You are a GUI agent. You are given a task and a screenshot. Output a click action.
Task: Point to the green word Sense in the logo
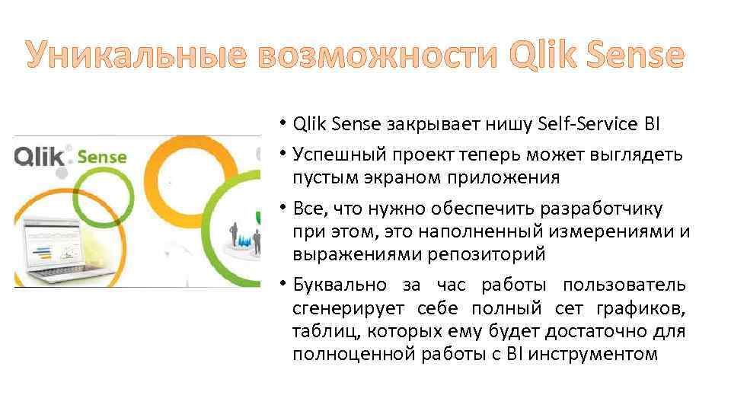(102, 158)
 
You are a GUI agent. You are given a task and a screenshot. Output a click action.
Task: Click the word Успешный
(340, 155)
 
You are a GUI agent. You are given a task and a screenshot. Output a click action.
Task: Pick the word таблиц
(321, 331)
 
